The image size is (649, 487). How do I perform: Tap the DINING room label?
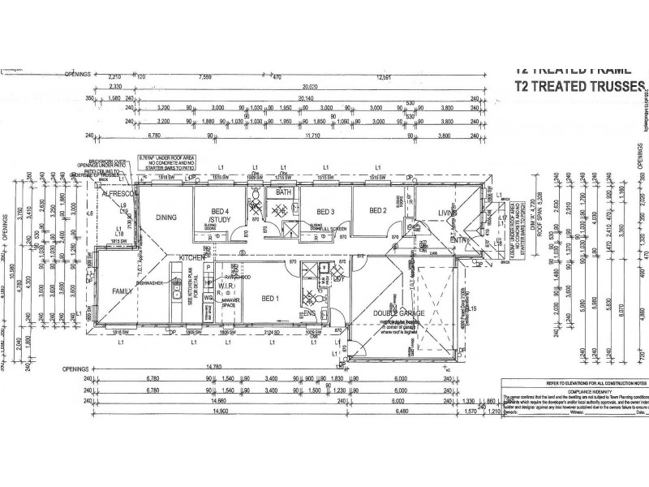(x=166, y=218)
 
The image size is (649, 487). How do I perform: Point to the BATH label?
(x=283, y=192)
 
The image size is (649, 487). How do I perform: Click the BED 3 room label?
(x=325, y=211)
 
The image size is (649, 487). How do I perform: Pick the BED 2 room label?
(x=377, y=211)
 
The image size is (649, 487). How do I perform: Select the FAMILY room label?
(x=123, y=291)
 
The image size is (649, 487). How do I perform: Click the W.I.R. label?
(x=227, y=287)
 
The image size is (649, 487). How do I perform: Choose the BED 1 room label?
(x=269, y=298)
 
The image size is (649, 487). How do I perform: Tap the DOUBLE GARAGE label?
(x=395, y=313)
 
